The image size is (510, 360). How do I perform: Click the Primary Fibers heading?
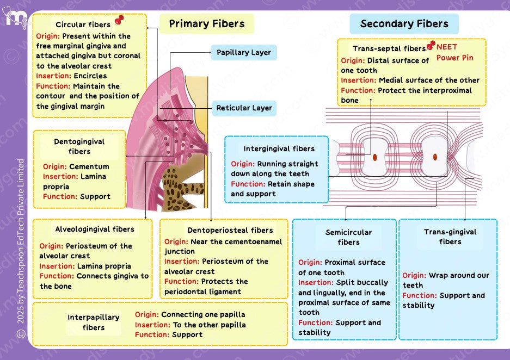click(x=207, y=23)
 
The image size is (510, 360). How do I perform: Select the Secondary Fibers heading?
click(x=404, y=23)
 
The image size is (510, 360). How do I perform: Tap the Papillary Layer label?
click(x=243, y=53)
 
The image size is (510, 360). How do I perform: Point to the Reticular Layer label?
click(x=244, y=108)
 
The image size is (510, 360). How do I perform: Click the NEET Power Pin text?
click(x=454, y=52)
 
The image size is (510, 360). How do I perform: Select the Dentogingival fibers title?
click(x=79, y=146)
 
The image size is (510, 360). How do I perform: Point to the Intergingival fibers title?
click(x=279, y=148)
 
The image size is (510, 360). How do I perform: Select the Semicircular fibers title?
click(x=348, y=237)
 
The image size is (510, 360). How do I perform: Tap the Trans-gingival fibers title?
click(x=450, y=237)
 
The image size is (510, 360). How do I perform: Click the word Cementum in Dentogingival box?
click(x=89, y=166)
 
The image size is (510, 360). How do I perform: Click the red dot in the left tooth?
click(x=375, y=157)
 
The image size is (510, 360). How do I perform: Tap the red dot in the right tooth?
click(x=435, y=157)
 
